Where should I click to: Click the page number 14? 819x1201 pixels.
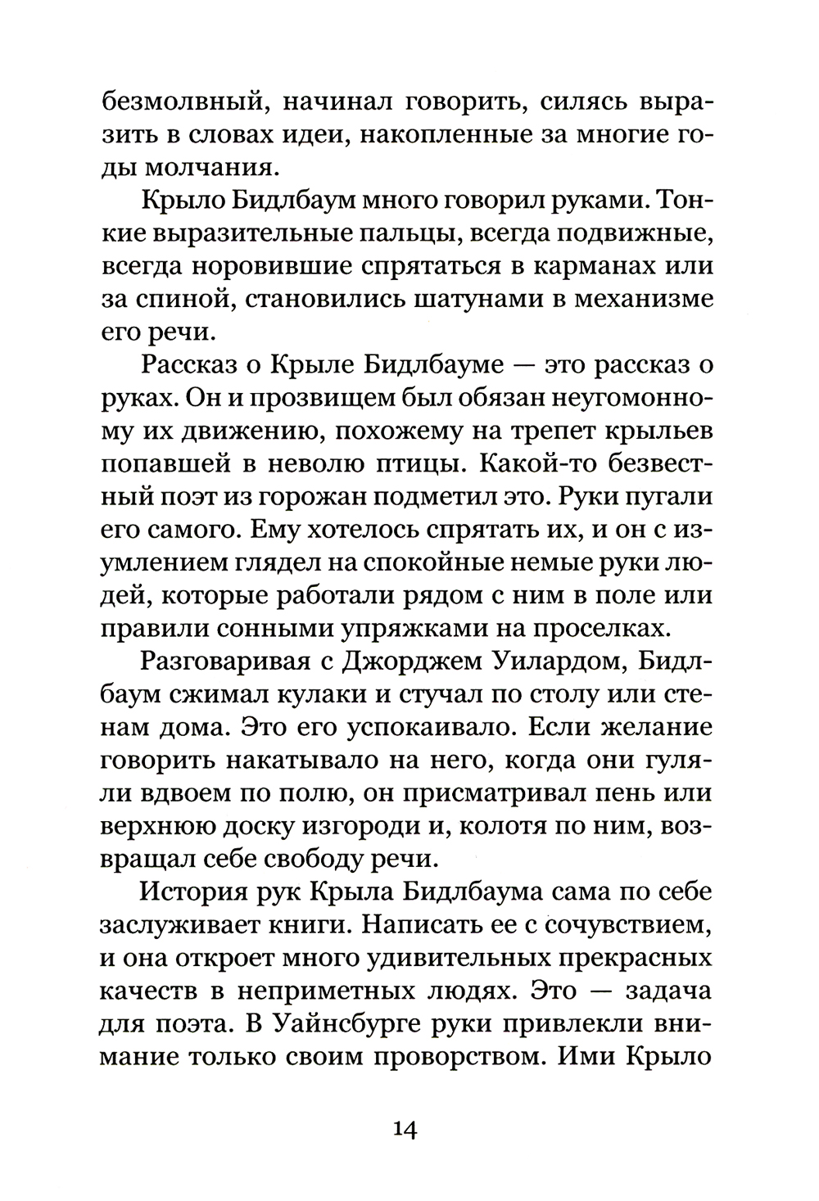pos(406,1130)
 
